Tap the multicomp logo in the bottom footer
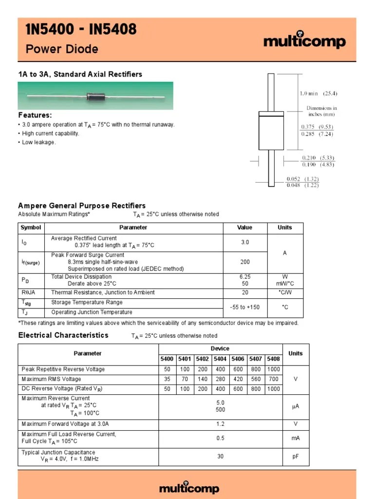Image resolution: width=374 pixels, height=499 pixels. [189, 488]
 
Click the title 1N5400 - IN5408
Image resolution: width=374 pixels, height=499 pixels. [81, 31]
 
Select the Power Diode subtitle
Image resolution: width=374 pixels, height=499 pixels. [62, 49]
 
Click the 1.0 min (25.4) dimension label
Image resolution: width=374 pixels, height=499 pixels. [318, 94]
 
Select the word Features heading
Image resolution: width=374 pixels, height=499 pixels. [35, 115]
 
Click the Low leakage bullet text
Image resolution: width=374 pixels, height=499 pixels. [39, 142]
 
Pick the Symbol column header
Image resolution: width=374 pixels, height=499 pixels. [31, 228]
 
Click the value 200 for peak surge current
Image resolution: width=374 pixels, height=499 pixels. [245, 262]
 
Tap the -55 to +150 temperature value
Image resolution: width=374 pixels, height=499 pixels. [245, 307]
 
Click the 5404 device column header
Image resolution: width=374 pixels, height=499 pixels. [220, 359]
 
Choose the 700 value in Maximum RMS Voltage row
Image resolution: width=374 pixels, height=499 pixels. [274, 379]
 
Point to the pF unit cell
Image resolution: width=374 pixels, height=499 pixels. [295, 456]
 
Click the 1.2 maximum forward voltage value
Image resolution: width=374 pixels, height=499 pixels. [221, 424]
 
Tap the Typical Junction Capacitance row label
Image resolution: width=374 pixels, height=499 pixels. [58, 453]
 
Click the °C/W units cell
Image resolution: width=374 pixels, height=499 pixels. [285, 292]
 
